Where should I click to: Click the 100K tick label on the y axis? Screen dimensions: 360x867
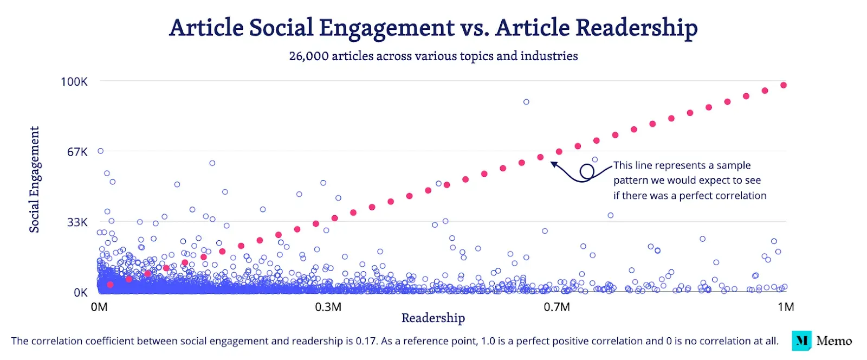[74, 81]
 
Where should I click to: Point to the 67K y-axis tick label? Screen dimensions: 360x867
[77, 152]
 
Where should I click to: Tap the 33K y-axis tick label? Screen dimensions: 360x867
[77, 222]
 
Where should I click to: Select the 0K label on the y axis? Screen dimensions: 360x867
[81, 293]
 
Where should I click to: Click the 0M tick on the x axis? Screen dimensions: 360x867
[99, 307]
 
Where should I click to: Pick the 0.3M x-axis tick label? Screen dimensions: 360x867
[328, 307]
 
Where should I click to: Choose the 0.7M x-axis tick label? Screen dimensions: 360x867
[557, 307]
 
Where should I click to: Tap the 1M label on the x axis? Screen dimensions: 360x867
[786, 307]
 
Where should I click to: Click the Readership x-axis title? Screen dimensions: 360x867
[433, 318]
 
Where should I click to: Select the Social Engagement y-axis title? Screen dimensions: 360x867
[35, 179]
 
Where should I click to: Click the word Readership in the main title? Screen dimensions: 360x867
[636, 28]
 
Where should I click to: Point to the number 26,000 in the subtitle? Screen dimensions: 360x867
[308, 56]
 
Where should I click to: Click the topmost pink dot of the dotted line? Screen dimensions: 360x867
[783, 85]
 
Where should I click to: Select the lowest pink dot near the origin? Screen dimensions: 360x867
[110, 284]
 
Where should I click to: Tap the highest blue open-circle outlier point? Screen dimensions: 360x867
[526, 102]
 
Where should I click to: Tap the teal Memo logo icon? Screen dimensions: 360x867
[801, 340]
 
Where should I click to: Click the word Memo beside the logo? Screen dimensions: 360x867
[834, 340]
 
